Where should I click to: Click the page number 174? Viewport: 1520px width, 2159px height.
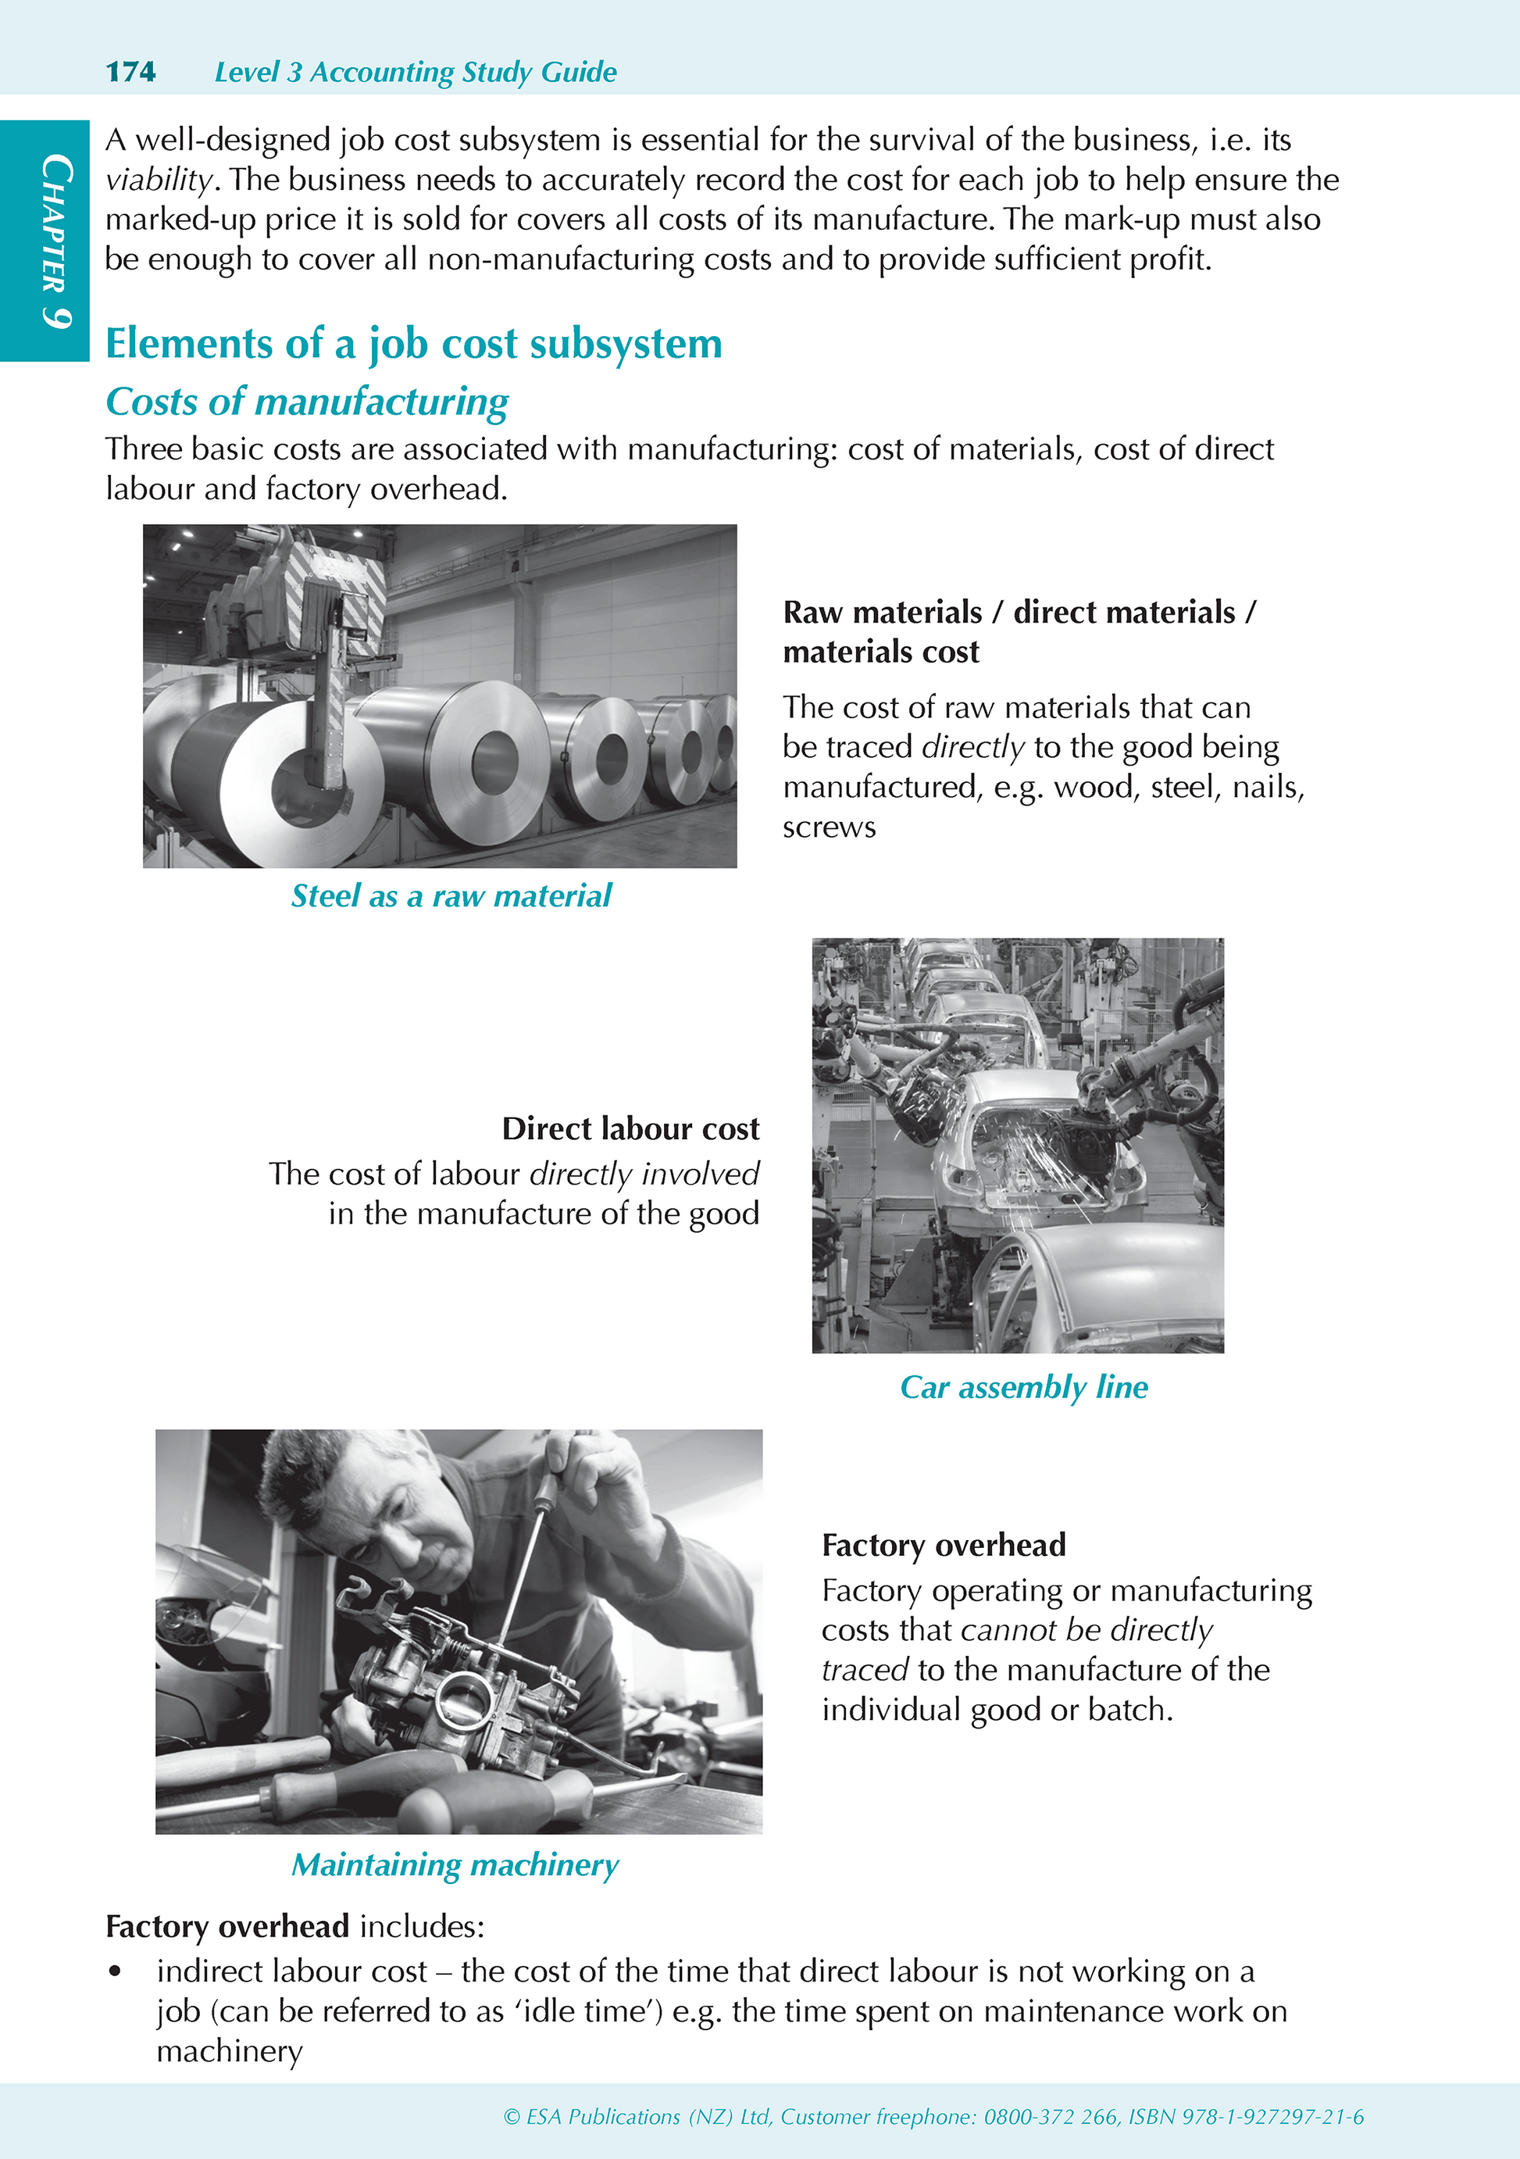click(130, 71)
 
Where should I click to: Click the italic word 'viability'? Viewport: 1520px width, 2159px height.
click(159, 180)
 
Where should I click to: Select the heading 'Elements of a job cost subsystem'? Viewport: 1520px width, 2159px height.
click(414, 344)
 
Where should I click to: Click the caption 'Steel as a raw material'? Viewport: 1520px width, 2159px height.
click(451, 896)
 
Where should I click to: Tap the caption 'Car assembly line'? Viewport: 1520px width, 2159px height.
click(1024, 1388)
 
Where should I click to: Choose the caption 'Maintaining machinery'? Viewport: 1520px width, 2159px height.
click(455, 1866)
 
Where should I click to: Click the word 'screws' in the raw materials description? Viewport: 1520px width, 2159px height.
click(829, 827)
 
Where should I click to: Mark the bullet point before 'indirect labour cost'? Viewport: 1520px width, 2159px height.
click(116, 1972)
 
